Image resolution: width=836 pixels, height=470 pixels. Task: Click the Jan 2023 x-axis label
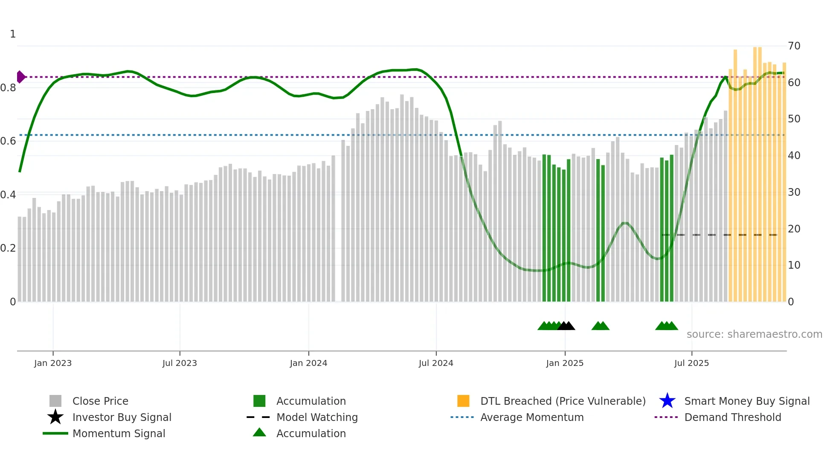[x=53, y=363]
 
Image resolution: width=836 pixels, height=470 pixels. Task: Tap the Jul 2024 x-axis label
[x=436, y=363]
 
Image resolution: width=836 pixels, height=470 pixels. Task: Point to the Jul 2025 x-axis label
[x=691, y=363]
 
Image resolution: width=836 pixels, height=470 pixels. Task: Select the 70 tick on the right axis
[x=794, y=46]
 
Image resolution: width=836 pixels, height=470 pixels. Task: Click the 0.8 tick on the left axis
[x=8, y=88]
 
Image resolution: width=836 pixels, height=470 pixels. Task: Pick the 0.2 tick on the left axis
[x=8, y=248]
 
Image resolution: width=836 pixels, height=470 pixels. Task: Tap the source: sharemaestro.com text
[x=754, y=334]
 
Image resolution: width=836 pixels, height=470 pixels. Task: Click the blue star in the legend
[x=667, y=401]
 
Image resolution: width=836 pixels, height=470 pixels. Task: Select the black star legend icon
[x=55, y=417]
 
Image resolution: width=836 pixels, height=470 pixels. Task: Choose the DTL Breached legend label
[x=563, y=401]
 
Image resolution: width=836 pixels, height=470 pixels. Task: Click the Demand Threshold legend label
[x=732, y=417]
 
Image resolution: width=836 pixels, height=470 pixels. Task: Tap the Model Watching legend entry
[x=317, y=417]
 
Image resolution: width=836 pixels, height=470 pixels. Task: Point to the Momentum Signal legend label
[x=119, y=433]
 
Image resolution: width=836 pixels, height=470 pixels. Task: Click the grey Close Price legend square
[x=55, y=401]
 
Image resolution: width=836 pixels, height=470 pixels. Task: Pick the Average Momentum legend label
[x=532, y=417]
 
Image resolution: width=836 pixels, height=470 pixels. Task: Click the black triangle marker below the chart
[x=566, y=326]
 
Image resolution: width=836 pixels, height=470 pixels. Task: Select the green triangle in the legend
[x=259, y=432]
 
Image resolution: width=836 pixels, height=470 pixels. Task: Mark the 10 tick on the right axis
[x=794, y=265]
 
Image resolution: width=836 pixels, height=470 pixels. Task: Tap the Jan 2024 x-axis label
[x=308, y=363]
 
